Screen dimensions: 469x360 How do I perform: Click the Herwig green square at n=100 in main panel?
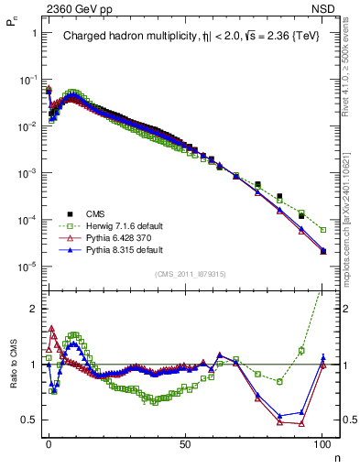tap(322, 229)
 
